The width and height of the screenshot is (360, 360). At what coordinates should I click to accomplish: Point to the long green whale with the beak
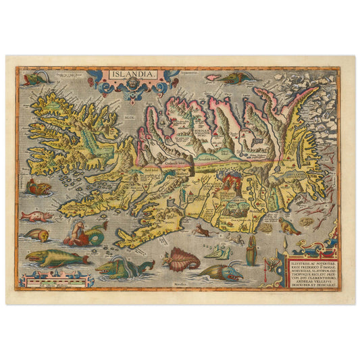(57, 257)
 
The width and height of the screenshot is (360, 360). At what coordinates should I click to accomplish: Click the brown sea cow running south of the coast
(200, 230)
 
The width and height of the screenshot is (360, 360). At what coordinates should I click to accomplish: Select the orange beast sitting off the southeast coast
(288, 226)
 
